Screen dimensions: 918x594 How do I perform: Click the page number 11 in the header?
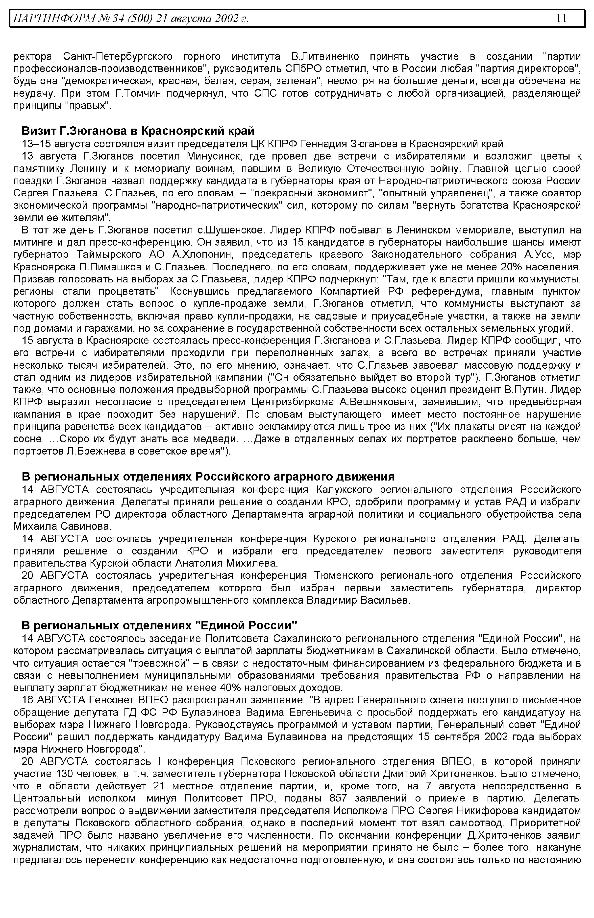pos(562,18)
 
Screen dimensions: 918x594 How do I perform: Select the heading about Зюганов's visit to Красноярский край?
pos(138,131)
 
